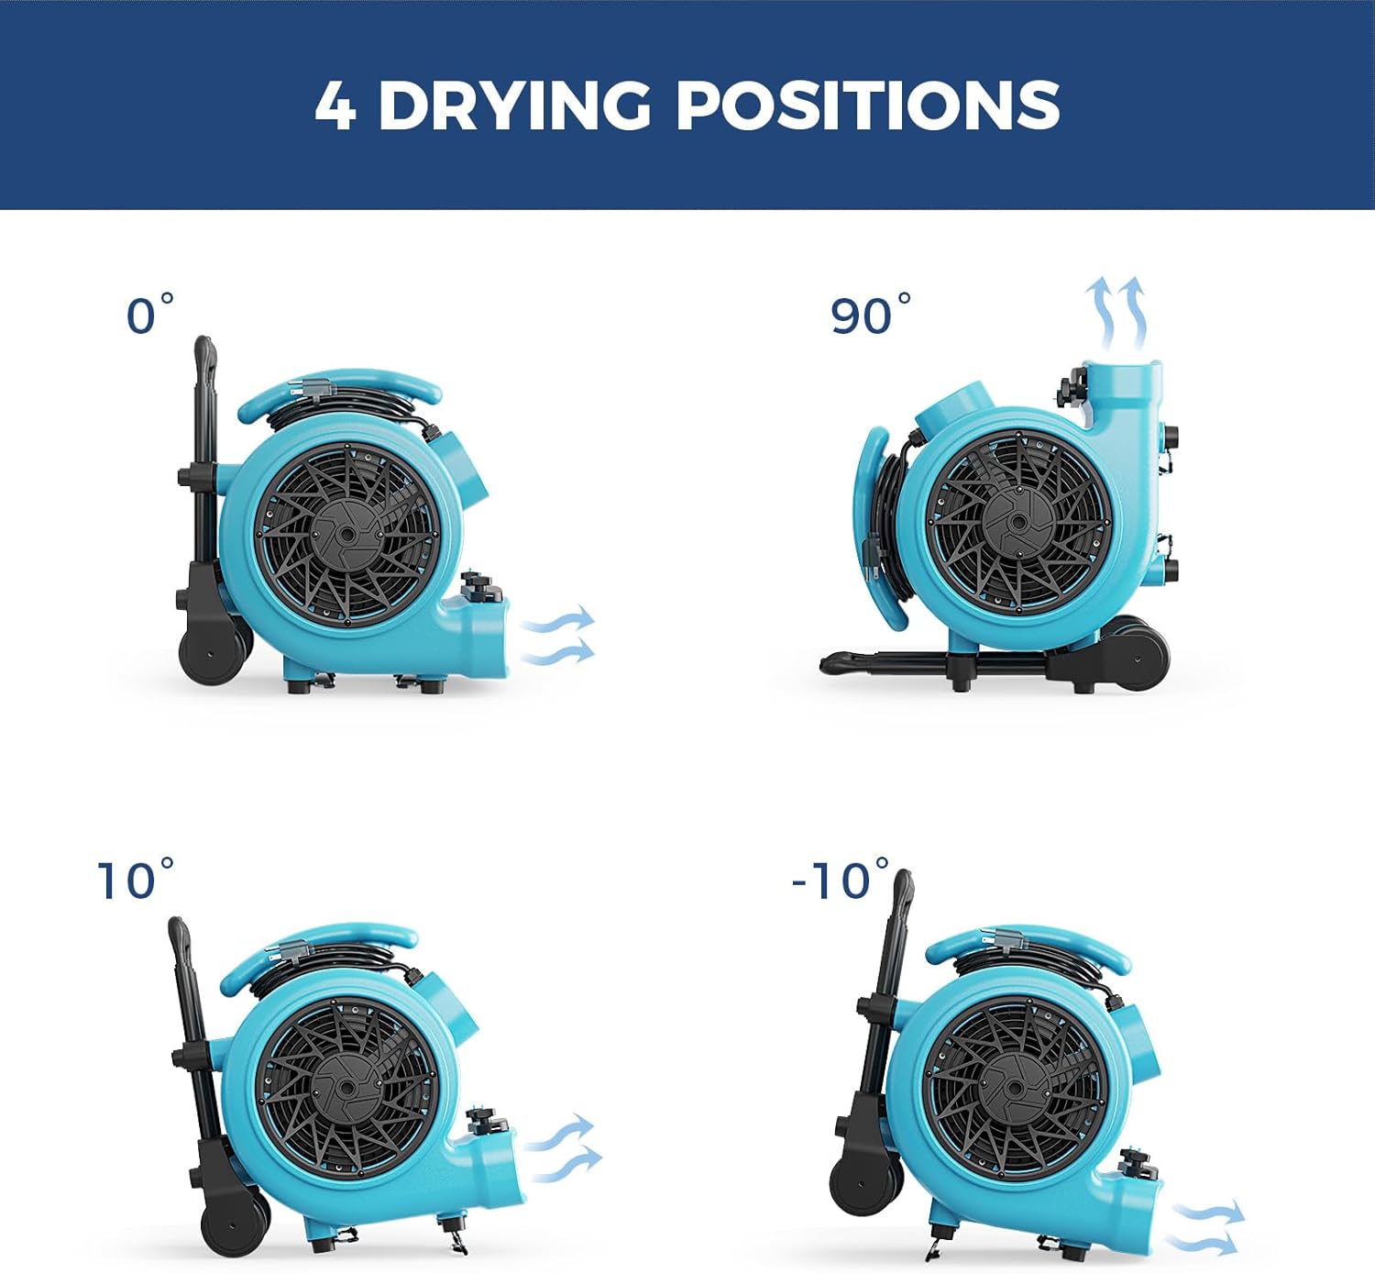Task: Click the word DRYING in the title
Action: click(514, 105)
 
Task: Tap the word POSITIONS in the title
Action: click(867, 105)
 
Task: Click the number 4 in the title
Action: click(335, 106)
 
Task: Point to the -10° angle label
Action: click(839, 880)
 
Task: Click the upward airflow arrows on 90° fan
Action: click(1116, 312)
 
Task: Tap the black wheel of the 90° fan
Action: click(1136, 654)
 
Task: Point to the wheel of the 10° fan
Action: click(235, 1225)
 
